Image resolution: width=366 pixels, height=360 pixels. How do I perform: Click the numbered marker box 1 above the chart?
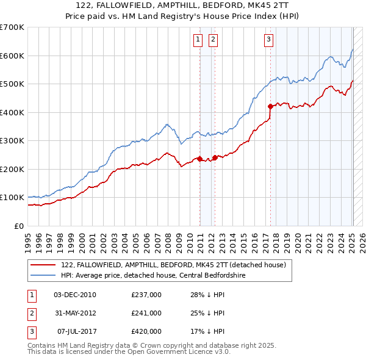pyautogui.click(x=198, y=40)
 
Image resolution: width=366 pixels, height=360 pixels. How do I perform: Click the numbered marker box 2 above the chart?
pyautogui.click(x=213, y=40)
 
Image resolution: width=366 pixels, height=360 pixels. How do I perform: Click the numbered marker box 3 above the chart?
pyautogui.click(x=268, y=40)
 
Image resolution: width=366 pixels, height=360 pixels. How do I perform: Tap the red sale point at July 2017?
pyautogui.click(x=270, y=106)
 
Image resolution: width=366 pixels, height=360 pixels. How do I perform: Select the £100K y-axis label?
pyautogui.click(x=12, y=198)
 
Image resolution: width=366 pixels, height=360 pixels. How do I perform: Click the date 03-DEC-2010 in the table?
pyautogui.click(x=74, y=295)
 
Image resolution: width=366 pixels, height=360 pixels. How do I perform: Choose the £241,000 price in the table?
pyautogui.click(x=146, y=314)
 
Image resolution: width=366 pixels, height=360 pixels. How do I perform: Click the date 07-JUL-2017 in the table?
pyautogui.click(x=74, y=332)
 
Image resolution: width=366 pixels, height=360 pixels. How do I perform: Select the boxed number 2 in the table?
pyautogui.click(x=31, y=314)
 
